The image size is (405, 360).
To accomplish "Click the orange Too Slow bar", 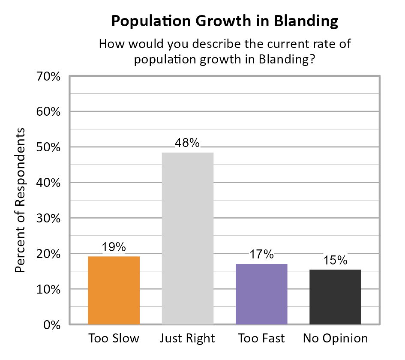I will [x=114, y=290].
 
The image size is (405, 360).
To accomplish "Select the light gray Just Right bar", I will [x=187, y=238].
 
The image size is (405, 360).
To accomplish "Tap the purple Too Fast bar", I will [x=261, y=294].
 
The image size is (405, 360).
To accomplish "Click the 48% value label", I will [x=187, y=143].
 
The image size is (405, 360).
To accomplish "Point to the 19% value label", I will [x=114, y=247].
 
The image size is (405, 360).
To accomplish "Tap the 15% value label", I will [x=335, y=260].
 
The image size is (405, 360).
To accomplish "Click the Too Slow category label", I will [x=114, y=339].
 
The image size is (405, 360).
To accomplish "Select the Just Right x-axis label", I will [x=187, y=339].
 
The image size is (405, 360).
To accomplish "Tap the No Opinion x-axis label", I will [x=335, y=339].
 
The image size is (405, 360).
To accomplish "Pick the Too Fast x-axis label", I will [x=261, y=339].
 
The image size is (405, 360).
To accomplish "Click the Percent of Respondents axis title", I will [x=21, y=200].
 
